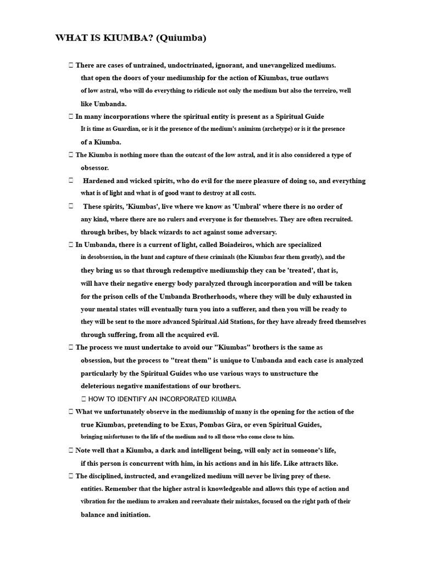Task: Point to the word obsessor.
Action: click(95, 168)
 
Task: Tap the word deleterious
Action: click(99, 386)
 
